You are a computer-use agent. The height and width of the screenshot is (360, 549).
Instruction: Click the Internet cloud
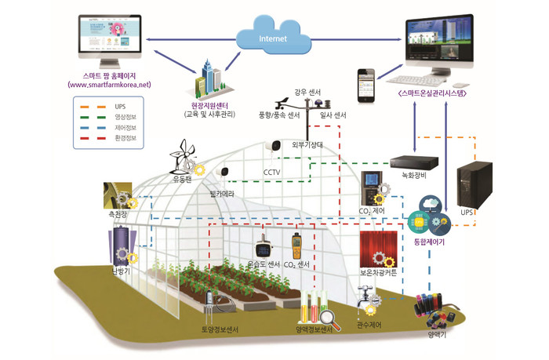pyautogui.click(x=274, y=35)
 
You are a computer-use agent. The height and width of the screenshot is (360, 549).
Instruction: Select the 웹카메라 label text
pyautogui.click(x=223, y=191)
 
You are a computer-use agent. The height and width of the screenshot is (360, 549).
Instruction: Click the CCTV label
pyautogui.click(x=271, y=171)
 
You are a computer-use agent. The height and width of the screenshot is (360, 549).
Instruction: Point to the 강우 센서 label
pyautogui.click(x=308, y=92)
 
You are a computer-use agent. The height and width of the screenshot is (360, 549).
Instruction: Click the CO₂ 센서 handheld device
pyautogui.click(x=296, y=246)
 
